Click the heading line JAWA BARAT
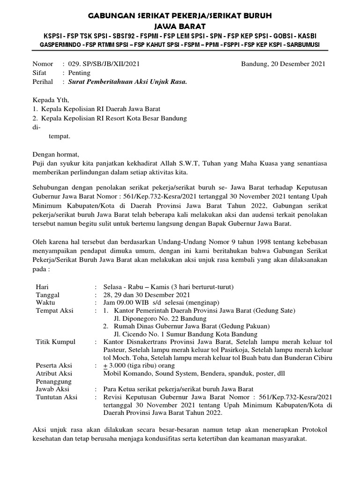[x=180, y=27]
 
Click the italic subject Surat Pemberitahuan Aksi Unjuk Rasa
[x=127, y=82]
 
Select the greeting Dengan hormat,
[x=56, y=154]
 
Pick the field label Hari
[x=42, y=286]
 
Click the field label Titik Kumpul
[x=55, y=342]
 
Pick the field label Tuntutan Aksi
[x=57, y=397]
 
